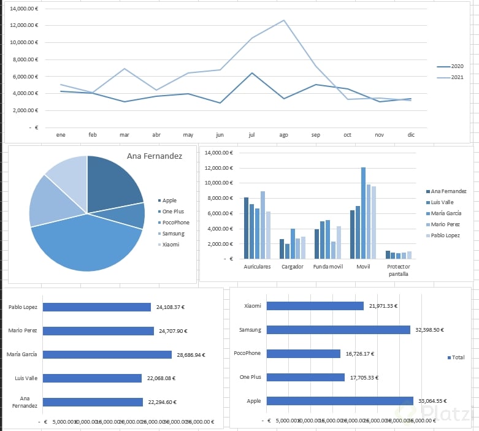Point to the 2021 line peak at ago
pos(283,21)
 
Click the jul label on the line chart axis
pos(251,134)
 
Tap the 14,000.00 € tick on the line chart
pos(25,9)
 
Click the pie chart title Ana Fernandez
pos(155,156)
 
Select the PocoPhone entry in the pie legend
pos(176,223)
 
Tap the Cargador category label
pos(292,267)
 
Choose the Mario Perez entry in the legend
pos(445,224)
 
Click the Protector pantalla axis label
pos(399,270)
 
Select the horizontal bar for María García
pos(107,354)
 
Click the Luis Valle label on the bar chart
pos(26,378)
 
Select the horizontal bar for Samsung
pos(338,330)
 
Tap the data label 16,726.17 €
pos(359,354)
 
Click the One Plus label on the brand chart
pos(250,377)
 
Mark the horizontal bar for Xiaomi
pos(315,306)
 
